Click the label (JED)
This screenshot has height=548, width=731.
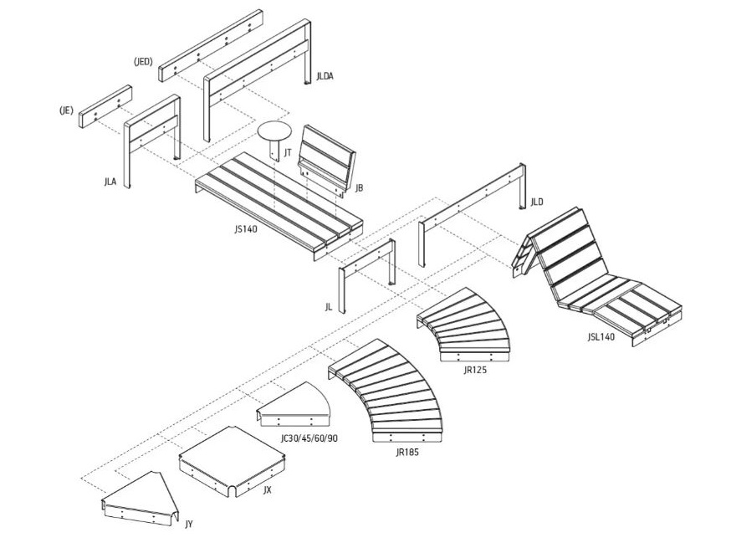(143, 62)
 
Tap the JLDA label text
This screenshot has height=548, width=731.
(325, 76)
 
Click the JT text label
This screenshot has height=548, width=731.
(289, 152)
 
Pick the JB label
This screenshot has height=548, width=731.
(359, 188)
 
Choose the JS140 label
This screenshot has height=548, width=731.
(246, 228)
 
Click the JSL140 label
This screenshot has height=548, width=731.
(601, 337)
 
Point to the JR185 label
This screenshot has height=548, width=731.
(407, 452)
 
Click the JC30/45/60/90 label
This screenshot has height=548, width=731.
(309, 438)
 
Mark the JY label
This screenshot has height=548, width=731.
(188, 524)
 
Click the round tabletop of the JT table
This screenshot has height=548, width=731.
(275, 131)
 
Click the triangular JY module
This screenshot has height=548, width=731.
(141, 500)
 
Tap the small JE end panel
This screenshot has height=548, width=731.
(105, 106)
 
